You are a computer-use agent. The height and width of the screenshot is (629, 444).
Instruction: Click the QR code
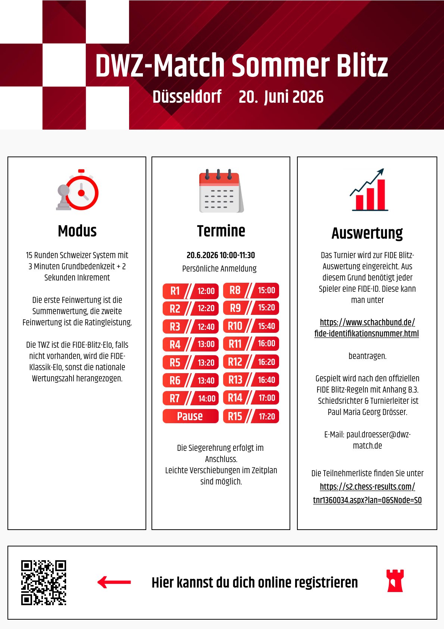click(x=44, y=582)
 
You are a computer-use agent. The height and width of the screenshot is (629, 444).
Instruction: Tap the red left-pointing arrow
click(x=114, y=582)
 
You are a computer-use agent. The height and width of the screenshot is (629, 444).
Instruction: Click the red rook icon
click(x=395, y=581)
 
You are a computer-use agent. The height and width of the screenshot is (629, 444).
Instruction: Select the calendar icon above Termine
click(x=221, y=191)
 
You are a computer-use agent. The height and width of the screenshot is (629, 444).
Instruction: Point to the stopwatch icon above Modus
click(x=78, y=190)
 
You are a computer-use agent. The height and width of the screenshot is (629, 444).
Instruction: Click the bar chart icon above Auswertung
click(x=368, y=190)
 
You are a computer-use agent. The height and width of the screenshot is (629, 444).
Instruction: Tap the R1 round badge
click(x=175, y=291)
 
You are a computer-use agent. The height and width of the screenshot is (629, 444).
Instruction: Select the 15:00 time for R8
click(x=266, y=290)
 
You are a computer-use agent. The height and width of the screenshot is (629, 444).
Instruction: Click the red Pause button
click(x=190, y=416)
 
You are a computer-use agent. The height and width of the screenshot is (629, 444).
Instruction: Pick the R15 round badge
click(x=235, y=416)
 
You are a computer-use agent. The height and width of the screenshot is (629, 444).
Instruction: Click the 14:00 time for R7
click(x=207, y=399)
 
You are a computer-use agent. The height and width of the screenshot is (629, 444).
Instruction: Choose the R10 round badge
click(x=235, y=326)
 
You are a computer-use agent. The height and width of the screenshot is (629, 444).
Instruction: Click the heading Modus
click(x=77, y=231)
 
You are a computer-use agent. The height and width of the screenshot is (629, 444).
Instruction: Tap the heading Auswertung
click(x=367, y=233)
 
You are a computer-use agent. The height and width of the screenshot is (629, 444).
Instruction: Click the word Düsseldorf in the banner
click(x=187, y=97)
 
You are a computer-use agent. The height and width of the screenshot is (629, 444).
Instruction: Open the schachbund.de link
click(x=367, y=328)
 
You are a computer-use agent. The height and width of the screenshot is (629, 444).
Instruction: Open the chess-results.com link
click(x=367, y=493)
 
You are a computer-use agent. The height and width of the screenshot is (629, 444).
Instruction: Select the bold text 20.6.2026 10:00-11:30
click(x=221, y=255)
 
